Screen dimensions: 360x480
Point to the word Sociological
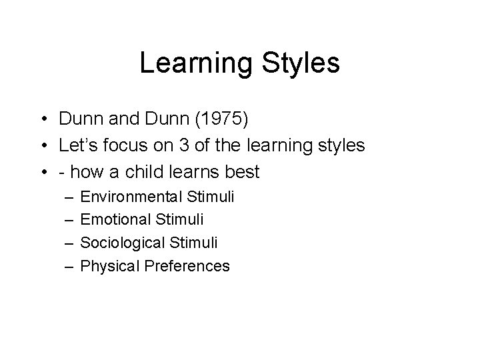pos(125,243)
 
